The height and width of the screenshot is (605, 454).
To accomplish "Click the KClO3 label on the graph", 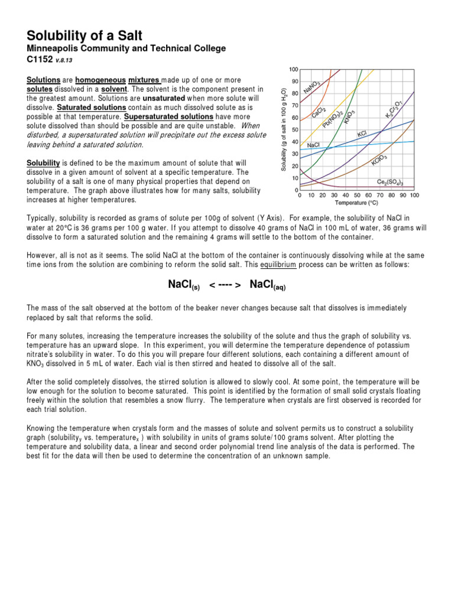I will pyautogui.click(x=379, y=160).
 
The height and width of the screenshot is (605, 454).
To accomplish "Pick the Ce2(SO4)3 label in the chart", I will pyautogui.click(x=394, y=182).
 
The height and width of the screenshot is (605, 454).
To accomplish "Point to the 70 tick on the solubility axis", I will pyautogui.click(x=295, y=106).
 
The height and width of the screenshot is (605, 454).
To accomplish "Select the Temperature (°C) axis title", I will pyautogui.click(x=357, y=202).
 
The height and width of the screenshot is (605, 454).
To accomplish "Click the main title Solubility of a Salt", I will pyautogui.click(x=80, y=36).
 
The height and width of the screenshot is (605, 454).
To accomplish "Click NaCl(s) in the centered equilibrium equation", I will pyautogui.click(x=184, y=285).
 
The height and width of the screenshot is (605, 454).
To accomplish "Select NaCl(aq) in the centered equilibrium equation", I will pyautogui.click(x=268, y=285).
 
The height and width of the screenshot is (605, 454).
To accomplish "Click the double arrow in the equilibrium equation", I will pyautogui.click(x=225, y=285).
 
